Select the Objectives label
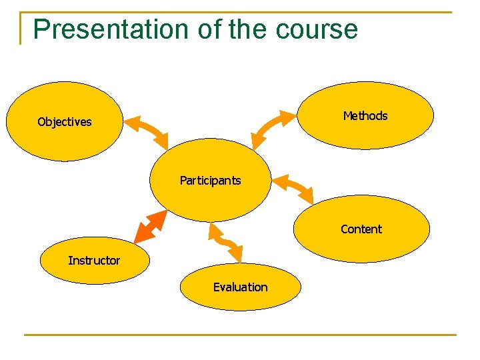pos(65,122)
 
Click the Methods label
pos(365,116)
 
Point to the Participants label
pos(210,181)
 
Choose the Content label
pos(361,229)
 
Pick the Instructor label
pos(94,261)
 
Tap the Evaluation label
pos(240,287)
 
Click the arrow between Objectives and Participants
pos(147,132)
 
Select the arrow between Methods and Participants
pos(273,129)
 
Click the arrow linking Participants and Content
pos(293,187)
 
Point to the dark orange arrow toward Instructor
pos(150,227)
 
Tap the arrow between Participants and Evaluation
pos(226,241)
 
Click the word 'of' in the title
pos(209,30)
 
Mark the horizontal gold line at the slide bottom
pos(240,335)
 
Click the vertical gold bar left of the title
pos(21,28)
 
